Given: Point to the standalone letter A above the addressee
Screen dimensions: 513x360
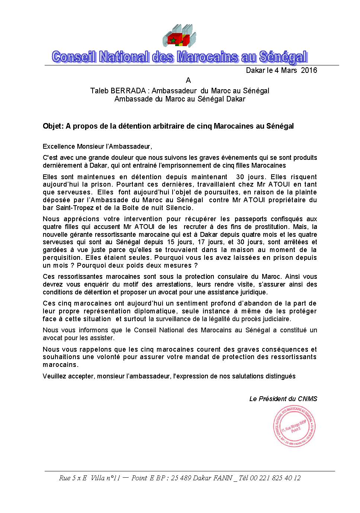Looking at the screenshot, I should pyautogui.click(x=188, y=80).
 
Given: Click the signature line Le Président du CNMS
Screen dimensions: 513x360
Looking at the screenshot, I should pyautogui.click(x=283, y=399).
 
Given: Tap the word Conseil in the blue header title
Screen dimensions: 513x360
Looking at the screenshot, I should pyautogui.click(x=74, y=57).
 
